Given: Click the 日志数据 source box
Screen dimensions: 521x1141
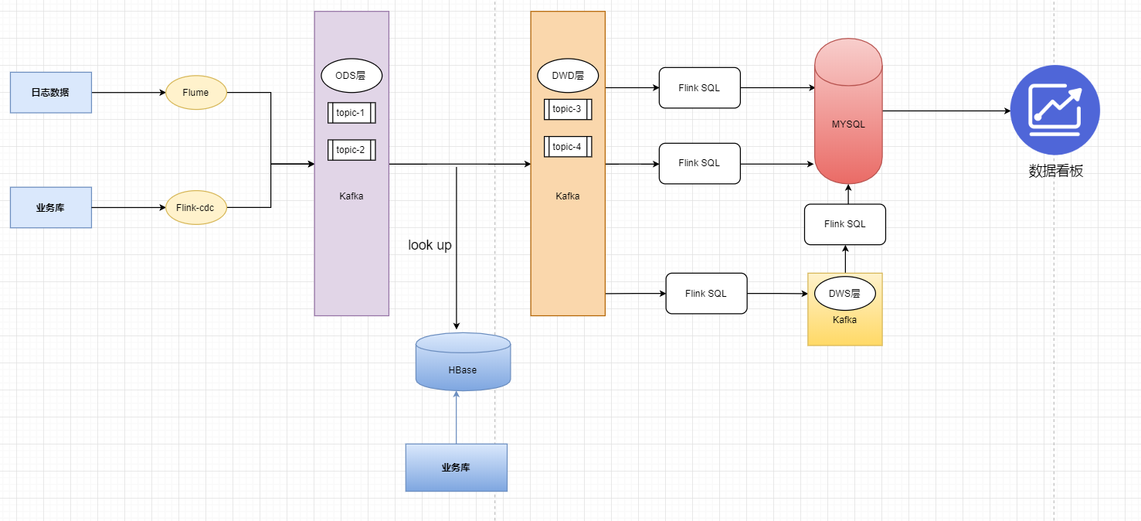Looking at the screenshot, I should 51,93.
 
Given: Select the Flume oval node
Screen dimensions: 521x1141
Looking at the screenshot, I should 196,93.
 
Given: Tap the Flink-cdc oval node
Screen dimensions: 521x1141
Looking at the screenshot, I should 196,207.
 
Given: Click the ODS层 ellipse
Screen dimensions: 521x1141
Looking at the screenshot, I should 351,76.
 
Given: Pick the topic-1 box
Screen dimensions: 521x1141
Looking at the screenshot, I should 351,113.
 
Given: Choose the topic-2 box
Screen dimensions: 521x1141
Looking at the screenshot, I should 351,150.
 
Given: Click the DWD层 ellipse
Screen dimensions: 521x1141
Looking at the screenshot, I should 568,76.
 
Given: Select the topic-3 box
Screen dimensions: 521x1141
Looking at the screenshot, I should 568,109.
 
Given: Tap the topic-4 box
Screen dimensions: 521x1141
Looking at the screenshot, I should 568,147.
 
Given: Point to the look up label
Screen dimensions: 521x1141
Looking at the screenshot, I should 430,245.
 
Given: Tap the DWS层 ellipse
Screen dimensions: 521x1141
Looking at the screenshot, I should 845,294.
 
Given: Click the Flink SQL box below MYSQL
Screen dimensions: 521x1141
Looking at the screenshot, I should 845,224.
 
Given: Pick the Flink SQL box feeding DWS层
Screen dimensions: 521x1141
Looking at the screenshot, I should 706,294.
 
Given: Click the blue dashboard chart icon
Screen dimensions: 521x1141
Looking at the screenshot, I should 1054,110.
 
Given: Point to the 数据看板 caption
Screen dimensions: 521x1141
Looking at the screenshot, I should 1056,172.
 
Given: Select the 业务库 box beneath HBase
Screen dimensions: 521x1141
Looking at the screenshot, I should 457,468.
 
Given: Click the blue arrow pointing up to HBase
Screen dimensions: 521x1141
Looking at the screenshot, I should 457,417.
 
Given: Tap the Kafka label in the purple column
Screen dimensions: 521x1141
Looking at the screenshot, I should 351,196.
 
